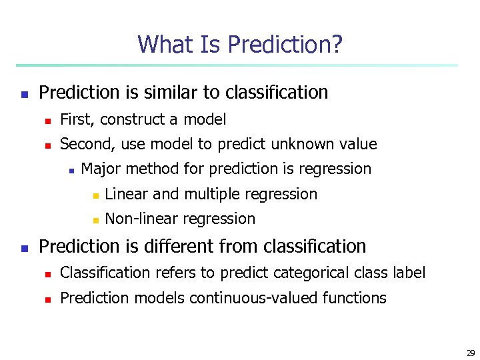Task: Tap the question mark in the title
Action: (337, 45)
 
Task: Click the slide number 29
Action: (470, 353)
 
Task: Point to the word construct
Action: (128, 120)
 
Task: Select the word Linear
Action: (127, 194)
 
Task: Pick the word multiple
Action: (213, 194)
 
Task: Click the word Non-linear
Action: (141, 219)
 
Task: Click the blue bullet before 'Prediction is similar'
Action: (24, 94)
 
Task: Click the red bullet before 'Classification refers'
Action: (47, 274)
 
